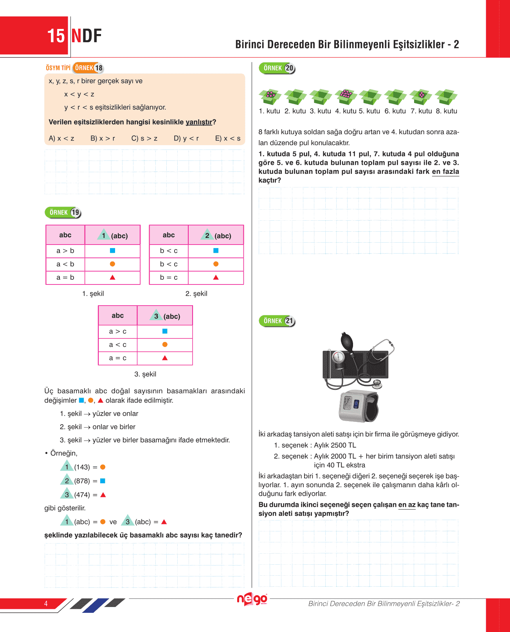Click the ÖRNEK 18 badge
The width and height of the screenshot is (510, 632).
tap(88, 68)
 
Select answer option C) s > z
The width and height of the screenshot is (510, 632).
tap(144, 138)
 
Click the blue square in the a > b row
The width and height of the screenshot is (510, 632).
tap(113, 250)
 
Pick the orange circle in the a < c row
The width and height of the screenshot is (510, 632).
tap(165, 344)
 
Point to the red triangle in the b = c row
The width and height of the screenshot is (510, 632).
tap(216, 277)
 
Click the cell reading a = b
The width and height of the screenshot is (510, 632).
tap(65, 277)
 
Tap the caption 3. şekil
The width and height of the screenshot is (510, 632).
tap(145, 374)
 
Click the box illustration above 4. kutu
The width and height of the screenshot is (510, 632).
tap(346, 96)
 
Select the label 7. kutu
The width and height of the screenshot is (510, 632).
tap(421, 111)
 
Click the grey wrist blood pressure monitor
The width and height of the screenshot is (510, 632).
tap(359, 406)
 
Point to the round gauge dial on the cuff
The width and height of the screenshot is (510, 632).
tap(338, 357)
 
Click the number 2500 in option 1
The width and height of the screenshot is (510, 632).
tap(339, 445)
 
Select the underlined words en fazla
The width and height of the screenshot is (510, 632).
tap(445, 172)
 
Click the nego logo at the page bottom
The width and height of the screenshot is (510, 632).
tap(252, 599)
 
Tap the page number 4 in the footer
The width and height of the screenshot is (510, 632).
tap(46, 603)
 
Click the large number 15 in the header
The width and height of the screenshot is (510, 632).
tap(56, 36)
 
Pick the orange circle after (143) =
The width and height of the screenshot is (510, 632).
tap(103, 467)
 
